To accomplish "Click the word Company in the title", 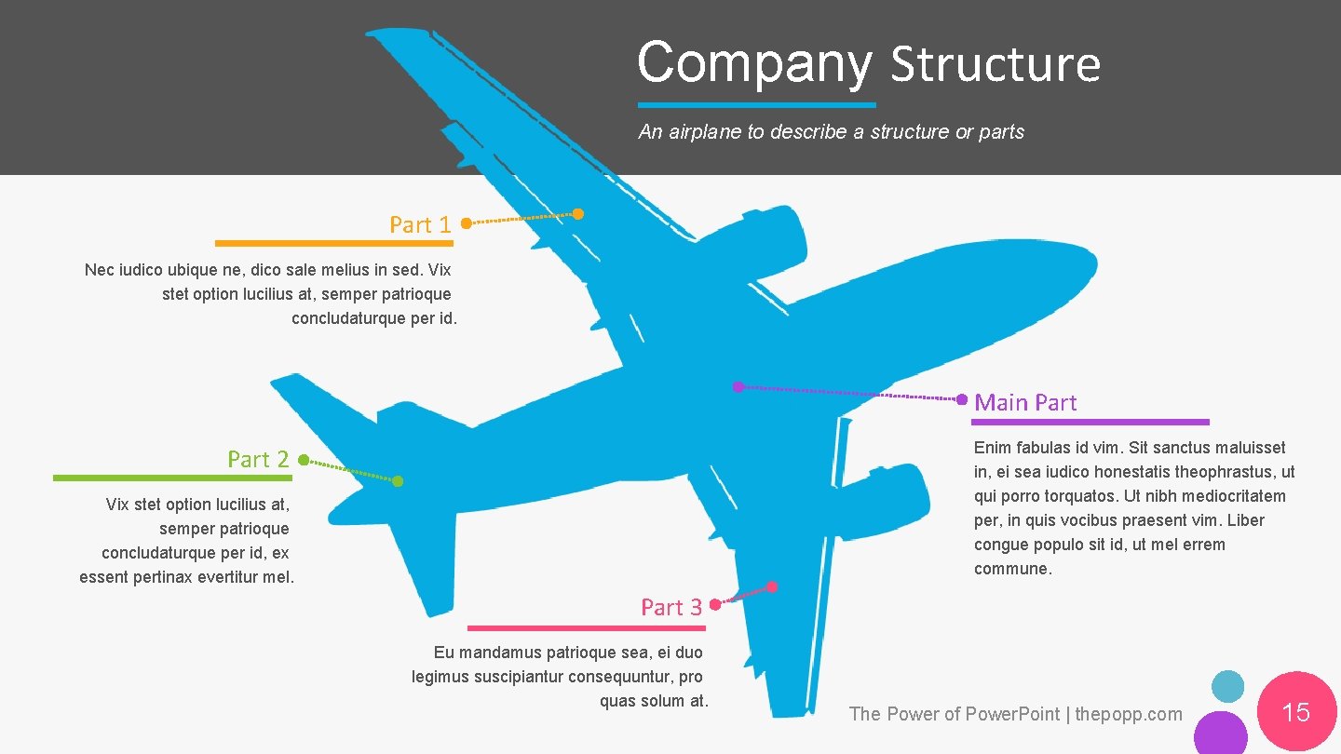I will [754, 63].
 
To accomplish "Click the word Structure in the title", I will [995, 65].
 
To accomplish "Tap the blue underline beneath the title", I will [756, 105].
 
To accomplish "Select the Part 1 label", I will [420, 224].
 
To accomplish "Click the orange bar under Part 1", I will [333, 243].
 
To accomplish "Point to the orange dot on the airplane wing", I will [578, 214].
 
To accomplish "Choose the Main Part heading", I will [1025, 402].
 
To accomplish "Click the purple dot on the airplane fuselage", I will [738, 386].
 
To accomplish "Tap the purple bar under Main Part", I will [1091, 422].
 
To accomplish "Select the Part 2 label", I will [258, 459].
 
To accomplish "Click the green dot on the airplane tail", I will [398, 481].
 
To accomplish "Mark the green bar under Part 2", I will [172, 478].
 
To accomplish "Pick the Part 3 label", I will [671, 607].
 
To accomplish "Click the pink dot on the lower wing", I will [772, 586].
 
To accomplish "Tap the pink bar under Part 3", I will [586, 628].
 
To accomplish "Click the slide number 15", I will [1296, 712].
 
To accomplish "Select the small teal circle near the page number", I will [1227, 687].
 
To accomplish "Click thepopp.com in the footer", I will [1129, 714].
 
